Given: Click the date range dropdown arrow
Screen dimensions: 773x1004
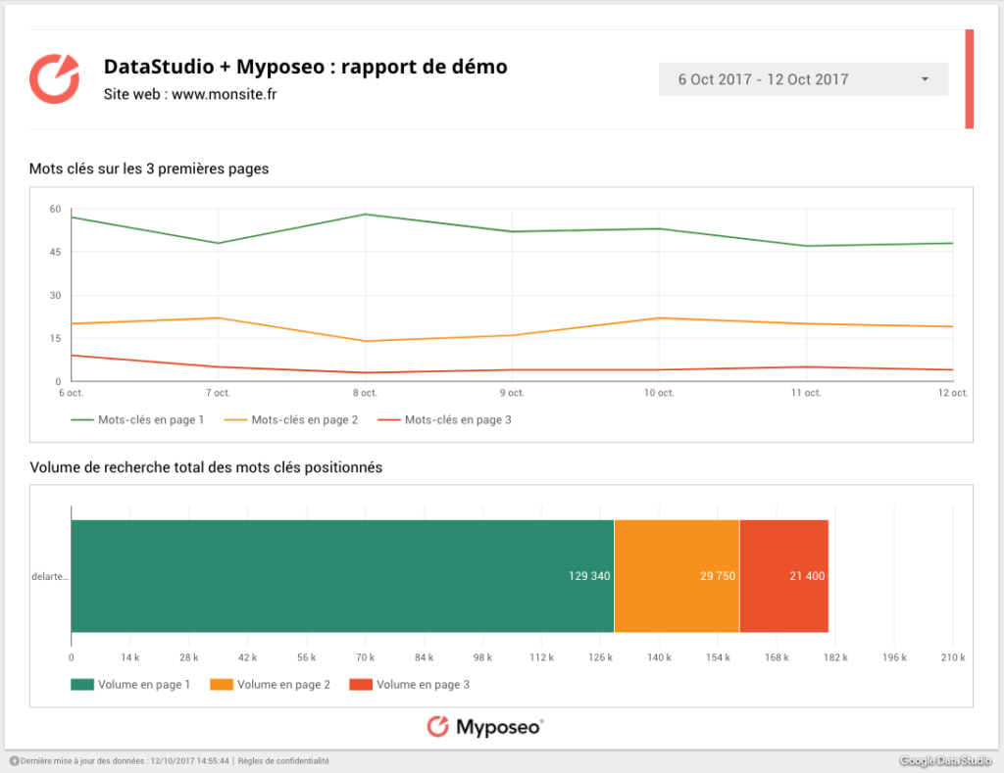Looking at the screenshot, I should click(925, 79).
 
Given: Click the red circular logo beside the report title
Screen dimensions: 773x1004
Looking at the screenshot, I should click(54, 78).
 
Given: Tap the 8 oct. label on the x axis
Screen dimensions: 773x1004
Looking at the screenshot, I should click(365, 393).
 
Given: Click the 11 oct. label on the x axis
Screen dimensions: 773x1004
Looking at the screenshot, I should click(806, 393).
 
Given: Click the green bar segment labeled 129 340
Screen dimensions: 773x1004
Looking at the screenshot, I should click(342, 576).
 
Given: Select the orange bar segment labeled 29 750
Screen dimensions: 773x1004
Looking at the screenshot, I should click(677, 576).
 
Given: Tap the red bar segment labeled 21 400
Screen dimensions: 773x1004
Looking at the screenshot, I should click(784, 576).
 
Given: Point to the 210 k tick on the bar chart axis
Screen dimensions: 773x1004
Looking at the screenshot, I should click(953, 657).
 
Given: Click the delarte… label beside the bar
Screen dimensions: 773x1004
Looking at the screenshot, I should click(50, 577).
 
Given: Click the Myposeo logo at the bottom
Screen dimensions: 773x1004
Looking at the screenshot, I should click(485, 726).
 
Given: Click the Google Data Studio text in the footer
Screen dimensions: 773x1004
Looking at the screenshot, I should click(946, 761).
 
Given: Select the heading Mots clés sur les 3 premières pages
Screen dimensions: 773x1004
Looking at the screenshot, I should click(149, 169).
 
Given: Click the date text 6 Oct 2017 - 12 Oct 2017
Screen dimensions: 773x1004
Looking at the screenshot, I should click(764, 79).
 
